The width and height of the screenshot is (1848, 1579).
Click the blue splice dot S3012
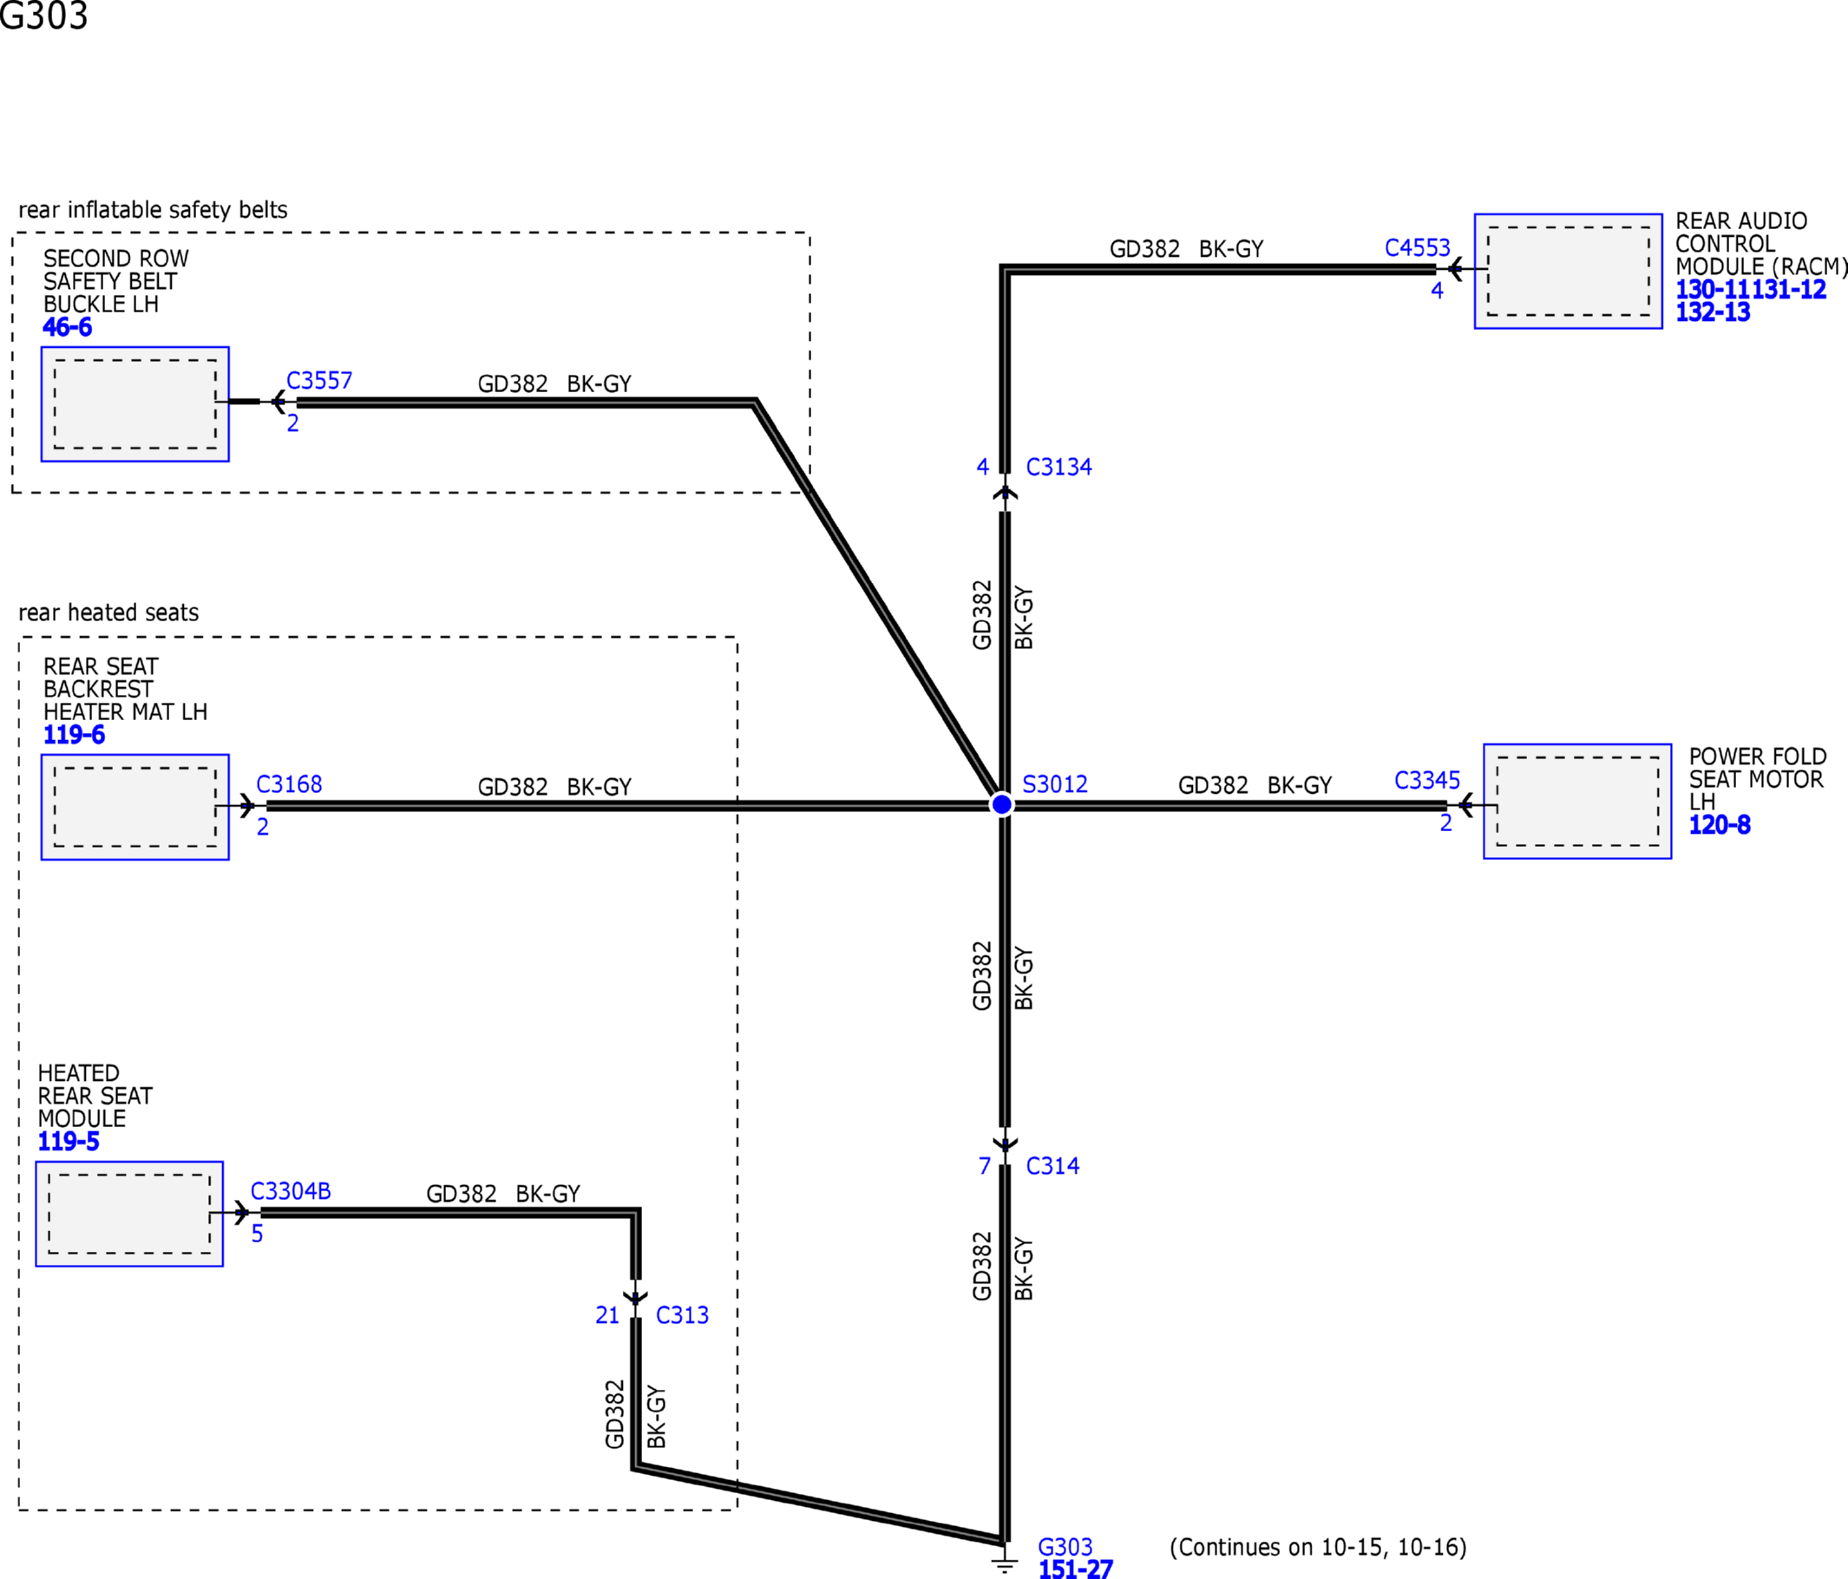click(x=1001, y=804)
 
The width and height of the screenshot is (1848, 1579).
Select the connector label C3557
click(x=319, y=381)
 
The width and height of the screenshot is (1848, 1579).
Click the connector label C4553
click(x=1417, y=248)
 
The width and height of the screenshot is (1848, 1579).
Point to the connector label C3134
click(x=1058, y=467)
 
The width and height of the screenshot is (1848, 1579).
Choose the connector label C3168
click(x=289, y=784)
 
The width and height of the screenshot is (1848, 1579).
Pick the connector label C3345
click(x=1427, y=781)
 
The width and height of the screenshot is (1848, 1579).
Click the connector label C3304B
click(x=291, y=1191)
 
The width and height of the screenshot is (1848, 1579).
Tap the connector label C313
click(x=682, y=1315)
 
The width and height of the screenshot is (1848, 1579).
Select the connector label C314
click(x=1052, y=1166)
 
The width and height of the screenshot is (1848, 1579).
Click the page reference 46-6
click(x=67, y=327)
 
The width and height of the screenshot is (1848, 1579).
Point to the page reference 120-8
click(x=1720, y=825)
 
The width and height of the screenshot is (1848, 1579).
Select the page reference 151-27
click(x=1076, y=1569)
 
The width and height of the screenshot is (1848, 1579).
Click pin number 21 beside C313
click(x=607, y=1315)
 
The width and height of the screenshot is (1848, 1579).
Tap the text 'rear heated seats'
click(x=108, y=613)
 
